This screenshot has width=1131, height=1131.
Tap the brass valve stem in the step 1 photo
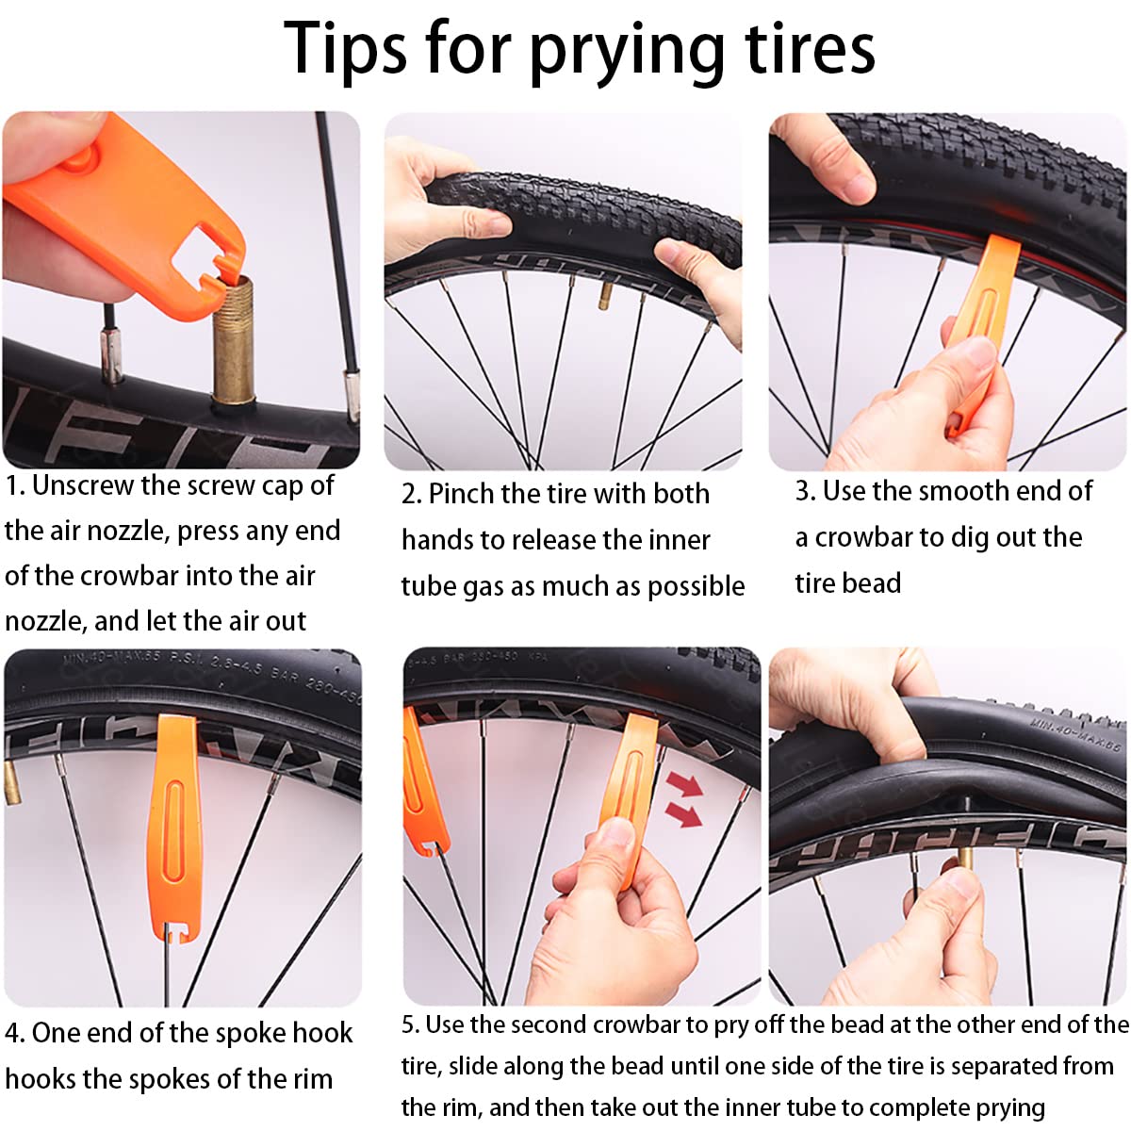234,341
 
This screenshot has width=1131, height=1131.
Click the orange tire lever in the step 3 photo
977,335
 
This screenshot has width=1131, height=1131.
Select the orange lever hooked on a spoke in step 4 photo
175,828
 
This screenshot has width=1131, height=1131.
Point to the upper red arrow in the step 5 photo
684,784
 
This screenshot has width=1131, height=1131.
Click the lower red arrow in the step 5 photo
683,814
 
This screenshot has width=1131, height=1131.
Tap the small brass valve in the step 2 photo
605,296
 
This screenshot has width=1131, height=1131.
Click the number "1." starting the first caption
15,486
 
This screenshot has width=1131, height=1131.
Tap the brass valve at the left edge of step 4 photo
11,783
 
